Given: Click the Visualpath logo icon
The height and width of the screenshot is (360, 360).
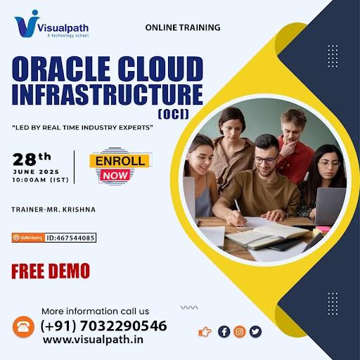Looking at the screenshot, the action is [x=27, y=24].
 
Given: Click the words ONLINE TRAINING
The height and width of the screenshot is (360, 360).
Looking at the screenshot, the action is [x=183, y=27].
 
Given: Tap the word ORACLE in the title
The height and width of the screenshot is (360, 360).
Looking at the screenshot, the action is [x=61, y=69].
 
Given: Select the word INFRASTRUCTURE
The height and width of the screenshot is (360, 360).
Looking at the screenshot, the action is [x=108, y=94].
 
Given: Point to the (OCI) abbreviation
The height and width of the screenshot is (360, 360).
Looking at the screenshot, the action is [x=174, y=115].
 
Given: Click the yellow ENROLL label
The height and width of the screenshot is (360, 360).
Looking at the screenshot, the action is [x=120, y=161].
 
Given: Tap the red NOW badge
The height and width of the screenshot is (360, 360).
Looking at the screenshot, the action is [x=115, y=175].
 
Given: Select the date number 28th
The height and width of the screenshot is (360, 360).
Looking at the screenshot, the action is [x=32, y=159].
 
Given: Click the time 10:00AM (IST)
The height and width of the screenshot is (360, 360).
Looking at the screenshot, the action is [x=41, y=180].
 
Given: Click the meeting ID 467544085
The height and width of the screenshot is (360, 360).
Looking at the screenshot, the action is [x=70, y=238].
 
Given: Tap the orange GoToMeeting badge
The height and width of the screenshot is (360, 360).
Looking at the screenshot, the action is [x=28, y=238].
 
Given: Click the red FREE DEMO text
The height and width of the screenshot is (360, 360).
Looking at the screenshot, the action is [x=51, y=271].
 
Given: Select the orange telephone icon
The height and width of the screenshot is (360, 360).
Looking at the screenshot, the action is [x=23, y=327].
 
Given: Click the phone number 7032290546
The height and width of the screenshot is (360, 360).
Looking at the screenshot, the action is [x=124, y=326].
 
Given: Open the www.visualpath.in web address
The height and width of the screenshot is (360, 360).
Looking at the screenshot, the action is [x=93, y=340].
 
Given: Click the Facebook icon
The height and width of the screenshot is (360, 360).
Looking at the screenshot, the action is [x=224, y=332].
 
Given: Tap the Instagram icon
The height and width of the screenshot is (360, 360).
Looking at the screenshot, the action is [x=240, y=332].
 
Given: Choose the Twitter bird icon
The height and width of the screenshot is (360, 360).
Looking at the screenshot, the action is [x=255, y=332].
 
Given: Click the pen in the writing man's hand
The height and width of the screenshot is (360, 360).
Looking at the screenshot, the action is [x=240, y=213].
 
